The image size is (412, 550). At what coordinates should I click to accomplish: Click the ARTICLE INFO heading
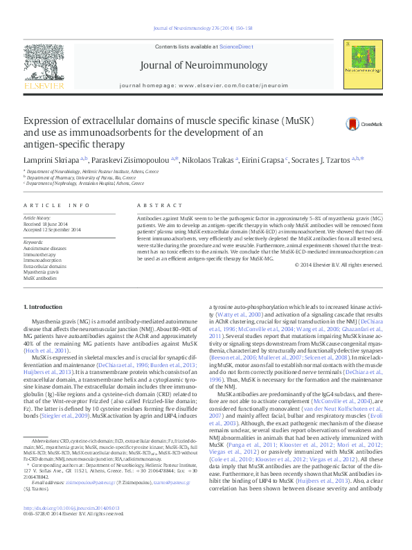[56, 206]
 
